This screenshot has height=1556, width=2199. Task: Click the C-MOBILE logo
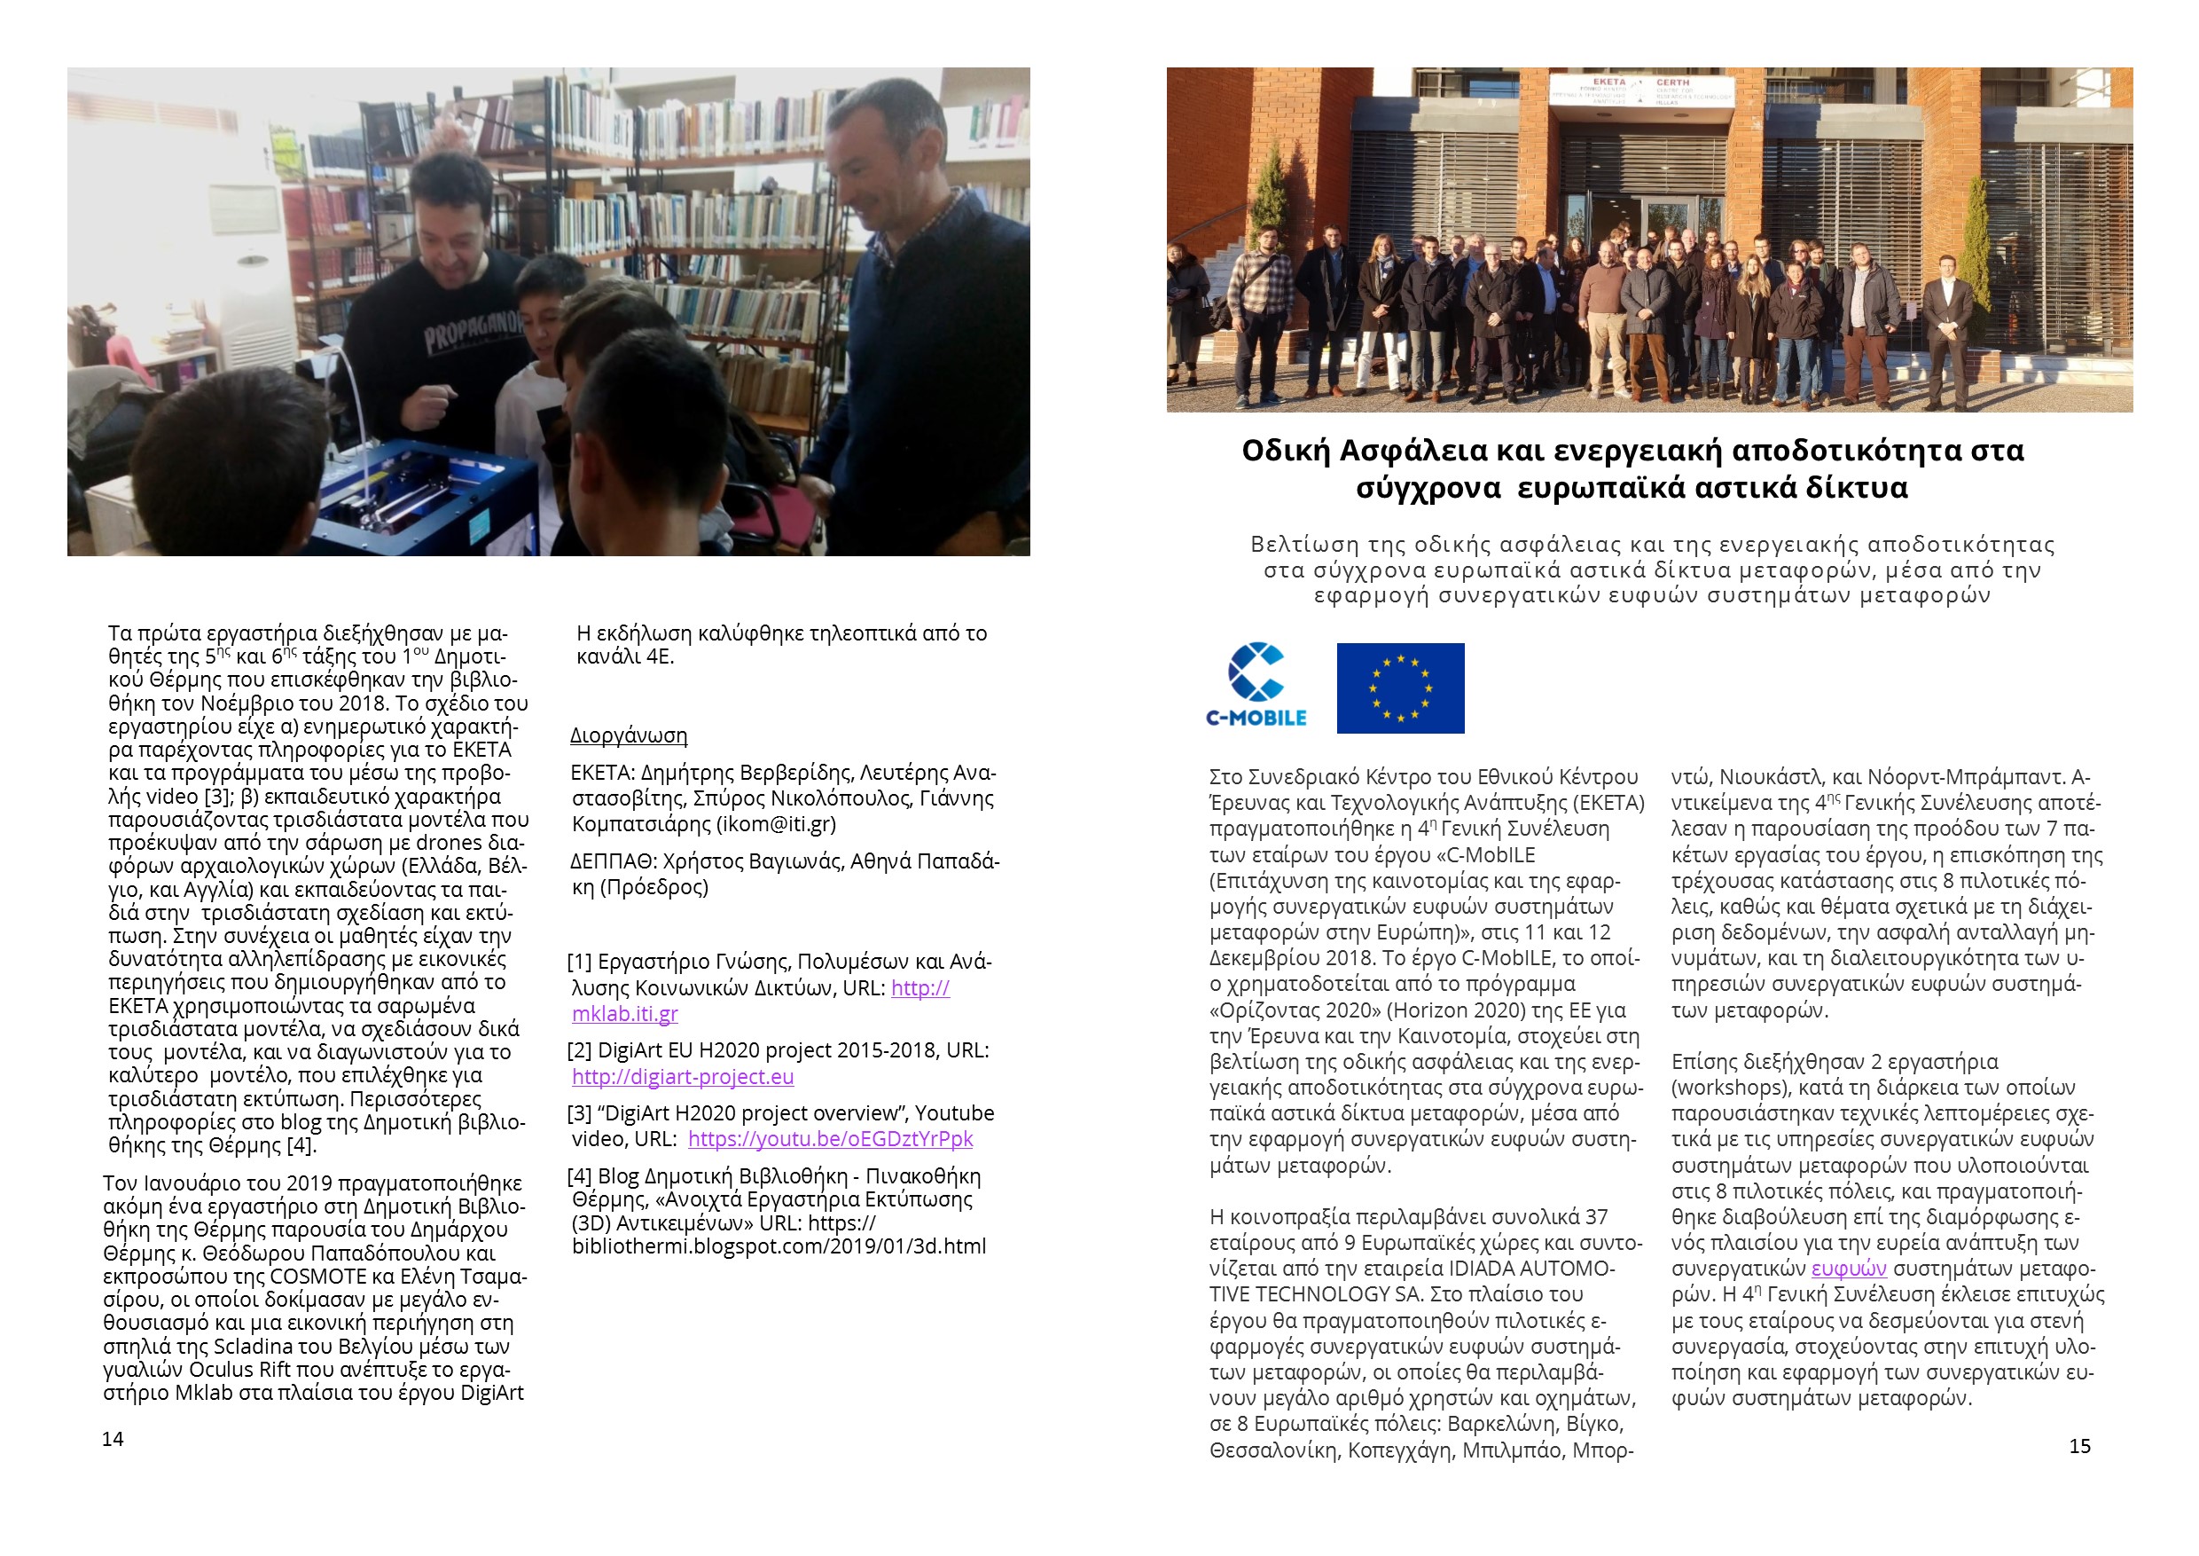(x=1256, y=686)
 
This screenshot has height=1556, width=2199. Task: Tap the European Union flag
(x=1399, y=688)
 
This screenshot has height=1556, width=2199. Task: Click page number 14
(x=113, y=1439)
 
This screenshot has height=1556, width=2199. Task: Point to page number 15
(x=2079, y=1446)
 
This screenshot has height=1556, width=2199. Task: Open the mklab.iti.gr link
(x=624, y=1014)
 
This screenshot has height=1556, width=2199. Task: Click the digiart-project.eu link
(x=683, y=1077)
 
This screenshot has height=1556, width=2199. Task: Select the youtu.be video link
(x=829, y=1139)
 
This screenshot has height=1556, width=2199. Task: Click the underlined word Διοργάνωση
(x=629, y=735)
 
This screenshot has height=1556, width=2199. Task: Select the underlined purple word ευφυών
(x=1849, y=1269)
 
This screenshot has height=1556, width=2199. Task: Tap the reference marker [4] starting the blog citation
(x=579, y=1176)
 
